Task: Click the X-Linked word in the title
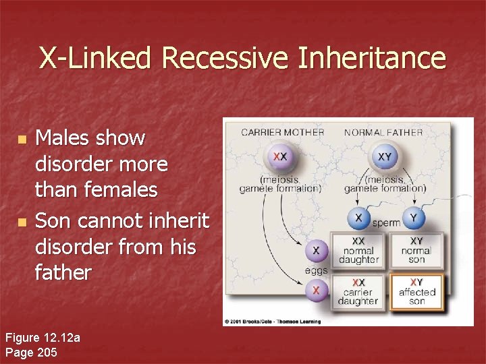pyautogui.click(x=97, y=58)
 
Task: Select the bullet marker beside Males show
pyautogui.click(x=22, y=140)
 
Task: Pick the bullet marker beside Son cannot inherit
pyautogui.click(x=22, y=221)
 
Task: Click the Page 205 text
pyautogui.click(x=32, y=351)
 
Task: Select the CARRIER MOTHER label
pyautogui.click(x=282, y=132)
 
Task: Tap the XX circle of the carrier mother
pyautogui.click(x=279, y=157)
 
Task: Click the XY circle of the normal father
pyautogui.click(x=383, y=157)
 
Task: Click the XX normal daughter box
pyautogui.click(x=360, y=250)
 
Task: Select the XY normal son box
pyautogui.click(x=416, y=250)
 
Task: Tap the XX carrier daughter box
pyautogui.click(x=360, y=291)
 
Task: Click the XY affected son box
pyautogui.click(x=416, y=291)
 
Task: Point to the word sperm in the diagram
pyautogui.click(x=386, y=222)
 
